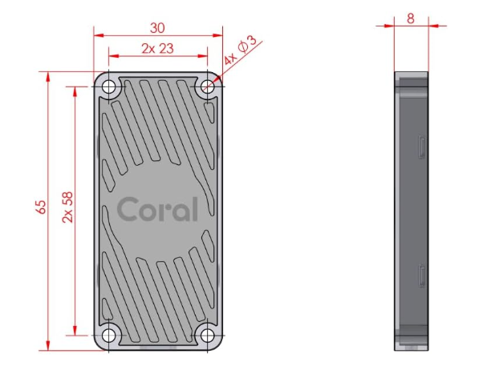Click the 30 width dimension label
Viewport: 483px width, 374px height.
[x=157, y=28]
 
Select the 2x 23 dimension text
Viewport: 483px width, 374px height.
[x=157, y=49]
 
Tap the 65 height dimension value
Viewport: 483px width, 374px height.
[x=41, y=207]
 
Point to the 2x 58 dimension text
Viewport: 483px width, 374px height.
[x=67, y=207]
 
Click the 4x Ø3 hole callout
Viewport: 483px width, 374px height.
[x=240, y=50]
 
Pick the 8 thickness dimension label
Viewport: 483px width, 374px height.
[x=411, y=18]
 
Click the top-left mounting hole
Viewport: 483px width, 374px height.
[x=109, y=87]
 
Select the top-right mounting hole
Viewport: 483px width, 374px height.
[x=207, y=87]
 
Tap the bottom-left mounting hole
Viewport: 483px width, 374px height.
[x=109, y=336]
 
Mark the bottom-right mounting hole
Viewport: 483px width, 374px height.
[x=207, y=336]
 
